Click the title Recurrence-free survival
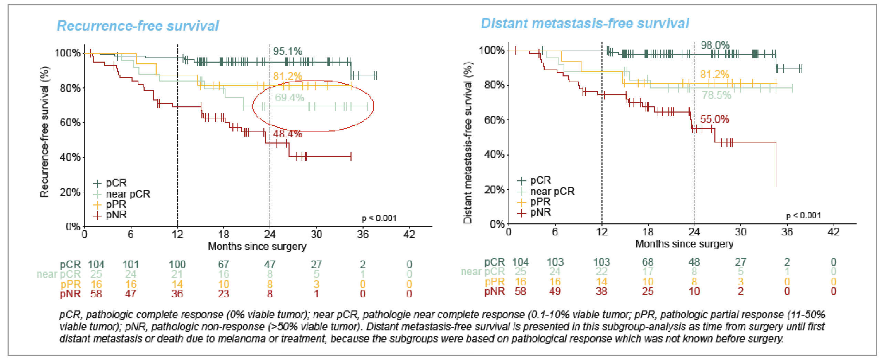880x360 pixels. point(138,26)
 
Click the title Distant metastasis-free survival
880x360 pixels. point(585,23)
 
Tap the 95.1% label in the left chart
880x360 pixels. point(287,51)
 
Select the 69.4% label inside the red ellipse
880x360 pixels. point(289,98)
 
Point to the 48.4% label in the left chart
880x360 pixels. point(287,134)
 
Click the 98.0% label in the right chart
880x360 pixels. point(715,45)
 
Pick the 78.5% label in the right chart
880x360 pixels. point(716,95)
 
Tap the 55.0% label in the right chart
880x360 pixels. point(714,119)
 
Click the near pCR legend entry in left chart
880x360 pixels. point(127,194)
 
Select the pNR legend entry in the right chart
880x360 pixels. point(540,212)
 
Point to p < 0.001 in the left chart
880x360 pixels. point(379,218)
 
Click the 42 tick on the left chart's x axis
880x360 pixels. point(409,235)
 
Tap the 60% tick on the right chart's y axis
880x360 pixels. point(494,120)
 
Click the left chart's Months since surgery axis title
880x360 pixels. point(257,246)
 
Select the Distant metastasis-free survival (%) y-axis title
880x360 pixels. point(468,143)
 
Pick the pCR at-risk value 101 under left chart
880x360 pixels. point(130,264)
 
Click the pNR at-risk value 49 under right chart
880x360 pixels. point(555,292)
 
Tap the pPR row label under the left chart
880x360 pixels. point(70,284)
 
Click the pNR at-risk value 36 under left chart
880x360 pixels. point(177,294)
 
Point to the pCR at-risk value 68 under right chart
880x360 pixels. point(648,262)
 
